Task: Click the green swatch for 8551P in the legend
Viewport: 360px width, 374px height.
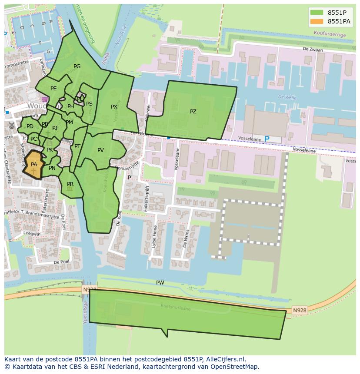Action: (x=317, y=13)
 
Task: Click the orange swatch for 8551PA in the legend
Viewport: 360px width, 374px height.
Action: (x=317, y=21)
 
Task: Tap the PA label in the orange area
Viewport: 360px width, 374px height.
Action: (x=34, y=165)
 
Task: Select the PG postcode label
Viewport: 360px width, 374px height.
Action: (x=77, y=66)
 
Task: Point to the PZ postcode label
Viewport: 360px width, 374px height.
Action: (x=193, y=112)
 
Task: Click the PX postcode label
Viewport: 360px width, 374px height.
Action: (x=114, y=107)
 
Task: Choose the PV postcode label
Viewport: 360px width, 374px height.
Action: (x=100, y=150)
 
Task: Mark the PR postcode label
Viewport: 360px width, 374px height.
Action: (x=70, y=184)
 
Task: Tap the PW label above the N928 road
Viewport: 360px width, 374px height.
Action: (x=160, y=283)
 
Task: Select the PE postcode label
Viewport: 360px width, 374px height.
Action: (x=53, y=89)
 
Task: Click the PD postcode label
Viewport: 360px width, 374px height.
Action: (x=30, y=126)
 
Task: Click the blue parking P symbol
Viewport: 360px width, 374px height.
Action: (x=267, y=139)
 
